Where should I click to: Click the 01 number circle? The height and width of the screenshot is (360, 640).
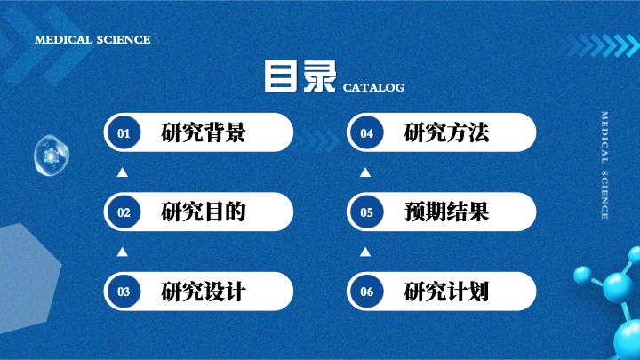[124, 132]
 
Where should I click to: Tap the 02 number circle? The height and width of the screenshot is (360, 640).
[124, 212]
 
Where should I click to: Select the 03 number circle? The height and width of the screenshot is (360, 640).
[124, 292]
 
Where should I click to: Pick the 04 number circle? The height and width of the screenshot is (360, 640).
[366, 132]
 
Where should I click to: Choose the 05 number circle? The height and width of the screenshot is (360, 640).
[366, 212]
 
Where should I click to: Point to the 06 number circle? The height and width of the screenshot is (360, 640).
[366, 292]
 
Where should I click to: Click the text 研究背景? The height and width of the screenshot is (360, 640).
[204, 132]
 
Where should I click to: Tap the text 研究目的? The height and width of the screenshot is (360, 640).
[204, 212]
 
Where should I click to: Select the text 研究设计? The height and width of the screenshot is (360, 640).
[204, 292]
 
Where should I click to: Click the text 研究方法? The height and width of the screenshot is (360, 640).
[446, 132]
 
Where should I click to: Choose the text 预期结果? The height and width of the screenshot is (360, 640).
[446, 212]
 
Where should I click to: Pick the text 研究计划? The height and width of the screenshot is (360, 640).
[446, 292]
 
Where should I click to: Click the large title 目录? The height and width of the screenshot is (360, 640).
[300, 76]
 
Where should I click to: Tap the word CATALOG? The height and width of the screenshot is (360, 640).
[373, 87]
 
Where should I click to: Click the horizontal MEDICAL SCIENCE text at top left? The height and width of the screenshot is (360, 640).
[92, 40]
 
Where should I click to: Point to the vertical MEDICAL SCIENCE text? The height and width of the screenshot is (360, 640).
[604, 165]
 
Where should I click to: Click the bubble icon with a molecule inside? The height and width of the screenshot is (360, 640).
[52, 156]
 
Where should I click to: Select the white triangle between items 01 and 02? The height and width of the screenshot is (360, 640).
[122, 172]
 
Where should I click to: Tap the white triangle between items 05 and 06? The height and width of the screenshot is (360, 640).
[365, 252]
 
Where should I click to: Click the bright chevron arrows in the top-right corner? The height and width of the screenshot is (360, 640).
[603, 45]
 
